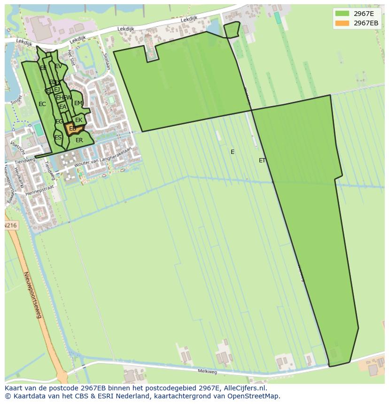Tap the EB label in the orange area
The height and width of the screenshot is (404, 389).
73,129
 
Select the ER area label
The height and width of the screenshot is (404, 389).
79,140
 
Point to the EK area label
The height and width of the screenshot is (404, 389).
79,120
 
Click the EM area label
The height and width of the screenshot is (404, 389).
78,103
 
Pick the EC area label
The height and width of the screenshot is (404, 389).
42,104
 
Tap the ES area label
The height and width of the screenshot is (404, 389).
58,137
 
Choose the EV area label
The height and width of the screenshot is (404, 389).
58,67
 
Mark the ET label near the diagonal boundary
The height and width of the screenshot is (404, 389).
262,160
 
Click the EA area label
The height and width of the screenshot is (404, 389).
62,107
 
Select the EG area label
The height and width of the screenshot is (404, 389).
59,122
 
